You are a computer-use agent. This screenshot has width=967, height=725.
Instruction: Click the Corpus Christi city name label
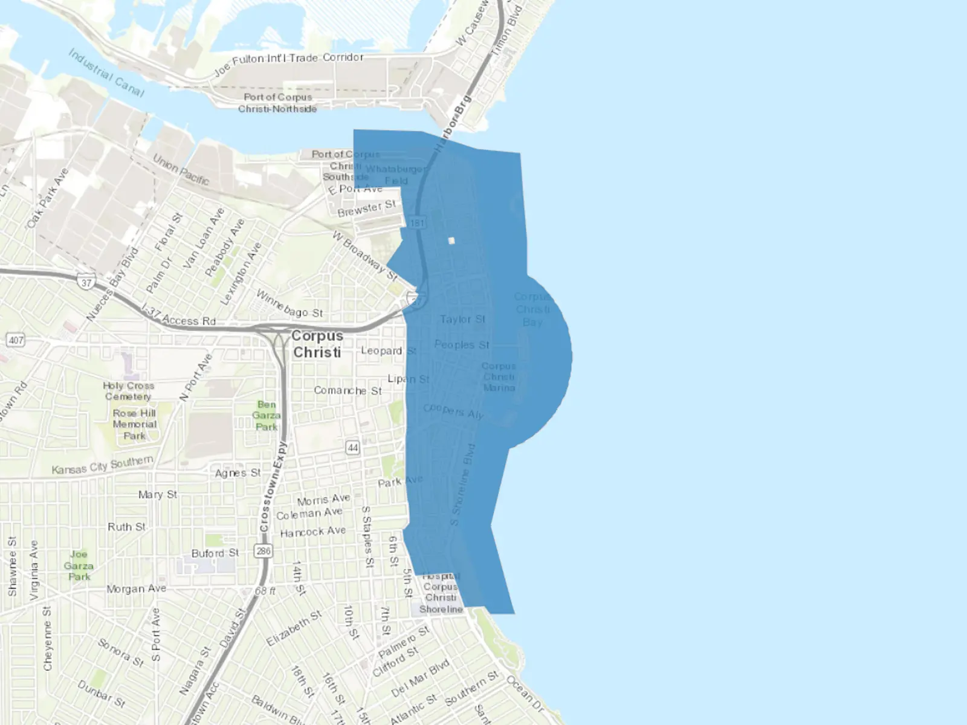(317, 344)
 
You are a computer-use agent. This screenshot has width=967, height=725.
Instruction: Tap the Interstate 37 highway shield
(86, 282)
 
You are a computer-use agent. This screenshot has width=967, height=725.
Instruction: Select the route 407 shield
(16, 340)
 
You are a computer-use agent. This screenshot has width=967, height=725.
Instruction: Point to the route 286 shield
(264, 551)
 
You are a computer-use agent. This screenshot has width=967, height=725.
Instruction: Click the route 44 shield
(353, 448)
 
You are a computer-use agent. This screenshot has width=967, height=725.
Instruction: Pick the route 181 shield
(417, 223)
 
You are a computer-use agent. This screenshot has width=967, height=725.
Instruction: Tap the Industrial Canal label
(106, 73)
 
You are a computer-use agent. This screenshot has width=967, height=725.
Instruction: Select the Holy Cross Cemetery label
(128, 391)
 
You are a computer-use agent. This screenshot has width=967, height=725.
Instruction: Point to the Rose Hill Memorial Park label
(134, 424)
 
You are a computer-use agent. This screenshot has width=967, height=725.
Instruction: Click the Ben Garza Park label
(267, 416)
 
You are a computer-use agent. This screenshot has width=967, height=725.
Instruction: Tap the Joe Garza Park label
(79, 565)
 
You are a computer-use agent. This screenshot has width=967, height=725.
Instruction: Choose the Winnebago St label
(289, 304)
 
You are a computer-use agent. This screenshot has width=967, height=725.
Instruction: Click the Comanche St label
(348, 391)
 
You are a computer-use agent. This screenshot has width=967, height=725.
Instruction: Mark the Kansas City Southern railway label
(102, 465)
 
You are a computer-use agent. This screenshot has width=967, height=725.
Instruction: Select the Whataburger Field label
(396, 175)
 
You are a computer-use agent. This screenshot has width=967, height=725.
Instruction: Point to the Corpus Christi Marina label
(499, 377)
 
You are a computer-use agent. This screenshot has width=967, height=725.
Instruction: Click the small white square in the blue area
(451, 240)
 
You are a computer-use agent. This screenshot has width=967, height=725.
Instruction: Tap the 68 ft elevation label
(265, 590)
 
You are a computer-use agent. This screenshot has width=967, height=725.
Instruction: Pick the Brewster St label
(366, 208)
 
